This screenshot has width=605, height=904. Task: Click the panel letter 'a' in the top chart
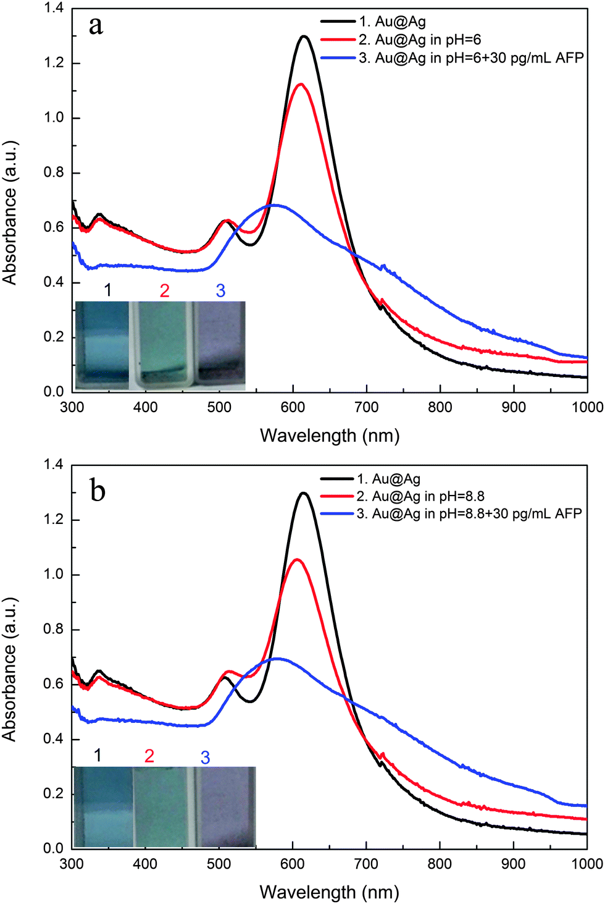[x=96, y=26]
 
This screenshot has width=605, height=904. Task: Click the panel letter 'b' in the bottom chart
[x=98, y=491]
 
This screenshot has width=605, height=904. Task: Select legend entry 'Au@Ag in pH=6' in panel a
[x=420, y=40]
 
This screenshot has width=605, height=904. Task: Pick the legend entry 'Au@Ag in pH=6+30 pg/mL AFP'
[x=471, y=58]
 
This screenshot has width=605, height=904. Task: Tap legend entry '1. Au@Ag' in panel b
[x=389, y=479]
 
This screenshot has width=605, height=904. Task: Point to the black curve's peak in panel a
[x=304, y=36]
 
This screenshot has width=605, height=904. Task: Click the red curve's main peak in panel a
[x=301, y=84]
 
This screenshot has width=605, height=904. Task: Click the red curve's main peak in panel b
[x=298, y=560]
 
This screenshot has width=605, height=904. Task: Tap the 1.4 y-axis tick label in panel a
[x=53, y=9]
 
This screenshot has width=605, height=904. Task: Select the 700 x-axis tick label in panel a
[x=367, y=407]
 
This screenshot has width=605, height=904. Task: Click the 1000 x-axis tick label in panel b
[x=587, y=863]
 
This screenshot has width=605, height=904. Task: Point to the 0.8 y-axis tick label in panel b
[x=53, y=629]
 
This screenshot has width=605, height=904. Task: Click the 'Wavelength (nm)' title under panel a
[x=330, y=436]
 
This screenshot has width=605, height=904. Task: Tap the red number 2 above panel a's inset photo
[x=164, y=290]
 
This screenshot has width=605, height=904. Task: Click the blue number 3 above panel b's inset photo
[x=205, y=758]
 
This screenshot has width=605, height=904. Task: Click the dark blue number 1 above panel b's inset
[x=98, y=755]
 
